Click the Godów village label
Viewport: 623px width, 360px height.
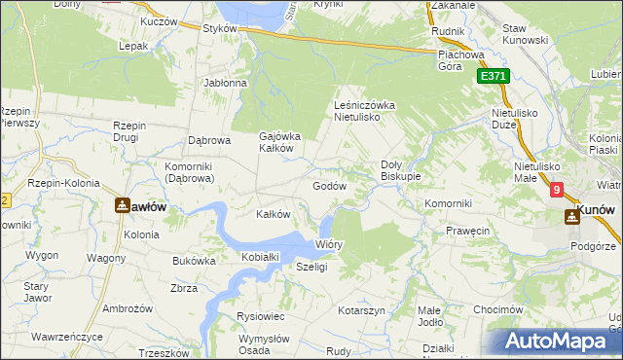[330, 186]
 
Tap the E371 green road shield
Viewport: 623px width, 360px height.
[494, 76]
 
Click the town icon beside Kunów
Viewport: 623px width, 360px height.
[569, 216]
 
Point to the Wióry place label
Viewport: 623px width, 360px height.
[329, 244]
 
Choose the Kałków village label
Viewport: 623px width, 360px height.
[273, 214]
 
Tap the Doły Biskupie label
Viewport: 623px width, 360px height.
[400, 170]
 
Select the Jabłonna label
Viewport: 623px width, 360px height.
[226, 84]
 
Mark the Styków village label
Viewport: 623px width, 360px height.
[220, 29]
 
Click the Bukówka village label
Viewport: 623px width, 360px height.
[194, 261]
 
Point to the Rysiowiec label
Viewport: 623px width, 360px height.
[260, 316]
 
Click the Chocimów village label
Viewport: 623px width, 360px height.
[493, 309]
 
